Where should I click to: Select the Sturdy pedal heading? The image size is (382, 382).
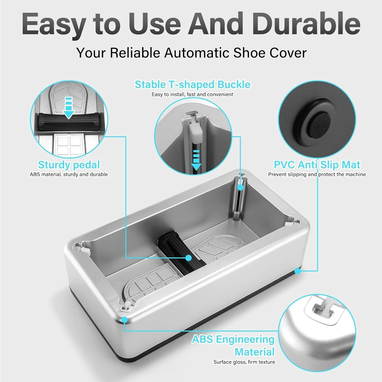pos(69,165)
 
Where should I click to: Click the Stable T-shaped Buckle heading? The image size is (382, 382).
pos(192,85)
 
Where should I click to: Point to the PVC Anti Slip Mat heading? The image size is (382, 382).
pos(317,165)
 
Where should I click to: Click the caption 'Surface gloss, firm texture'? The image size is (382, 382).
pos(244,362)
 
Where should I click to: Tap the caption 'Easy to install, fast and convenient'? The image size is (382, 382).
pos(192,94)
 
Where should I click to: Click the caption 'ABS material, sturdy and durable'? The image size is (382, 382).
pos(69,174)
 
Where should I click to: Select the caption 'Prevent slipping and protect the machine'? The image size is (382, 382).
pos(317,174)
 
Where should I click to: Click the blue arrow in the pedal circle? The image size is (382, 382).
pos(69,107)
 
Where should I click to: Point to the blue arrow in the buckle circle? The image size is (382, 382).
pos(196,160)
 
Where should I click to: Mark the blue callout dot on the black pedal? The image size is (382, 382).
pos(189,258)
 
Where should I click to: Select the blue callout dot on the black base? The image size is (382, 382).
pos(298,271)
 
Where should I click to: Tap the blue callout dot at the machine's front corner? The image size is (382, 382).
pos(124,319)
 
